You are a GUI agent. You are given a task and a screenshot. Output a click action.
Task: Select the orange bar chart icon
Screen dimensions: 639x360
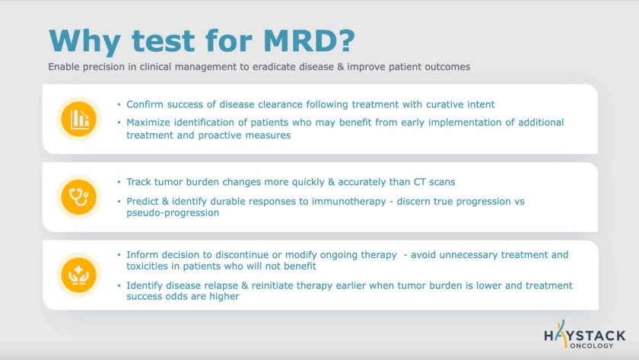coord(78,119)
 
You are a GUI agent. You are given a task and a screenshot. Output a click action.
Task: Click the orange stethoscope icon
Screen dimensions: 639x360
coord(78,197)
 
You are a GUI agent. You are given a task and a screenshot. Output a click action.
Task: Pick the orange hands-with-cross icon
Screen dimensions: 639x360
coord(78,275)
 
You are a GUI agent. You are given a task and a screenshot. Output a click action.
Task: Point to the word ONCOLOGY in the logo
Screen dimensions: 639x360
coord(592,346)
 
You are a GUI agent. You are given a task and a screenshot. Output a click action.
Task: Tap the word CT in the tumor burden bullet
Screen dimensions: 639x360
coord(420,182)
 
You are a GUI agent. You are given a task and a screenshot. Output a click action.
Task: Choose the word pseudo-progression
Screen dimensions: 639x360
coord(173,213)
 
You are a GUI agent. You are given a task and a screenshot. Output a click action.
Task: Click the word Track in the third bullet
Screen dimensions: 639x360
coord(138,182)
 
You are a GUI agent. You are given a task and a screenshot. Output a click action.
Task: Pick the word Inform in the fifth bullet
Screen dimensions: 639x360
coord(141,255)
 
